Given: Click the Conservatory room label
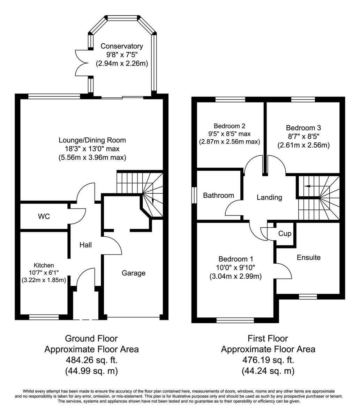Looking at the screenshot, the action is click(x=122, y=46).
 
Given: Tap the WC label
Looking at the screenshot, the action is click(x=44, y=216).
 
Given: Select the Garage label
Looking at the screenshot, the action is click(x=134, y=273).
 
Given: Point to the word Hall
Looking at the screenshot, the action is click(x=85, y=245).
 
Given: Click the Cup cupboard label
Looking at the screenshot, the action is click(x=285, y=234).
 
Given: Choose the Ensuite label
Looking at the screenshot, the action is click(x=308, y=258).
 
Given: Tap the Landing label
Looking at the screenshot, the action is click(x=269, y=197).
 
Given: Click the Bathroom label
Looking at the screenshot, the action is click(x=218, y=196).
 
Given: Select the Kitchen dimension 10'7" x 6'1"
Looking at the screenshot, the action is click(x=44, y=273).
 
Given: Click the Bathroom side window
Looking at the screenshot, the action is click(x=194, y=195).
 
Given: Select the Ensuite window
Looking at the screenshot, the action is click(x=308, y=297).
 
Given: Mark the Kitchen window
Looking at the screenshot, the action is click(x=44, y=317).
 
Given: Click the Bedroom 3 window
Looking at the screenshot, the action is click(x=303, y=99).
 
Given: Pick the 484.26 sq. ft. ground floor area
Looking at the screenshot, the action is click(x=91, y=360).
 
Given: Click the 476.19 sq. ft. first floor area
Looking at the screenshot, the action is click(x=268, y=360).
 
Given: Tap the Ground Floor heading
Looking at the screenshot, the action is click(x=91, y=338).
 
